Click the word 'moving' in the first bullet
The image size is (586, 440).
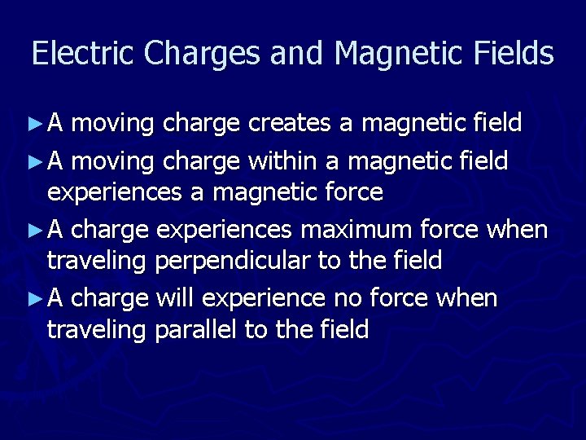click(113, 125)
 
